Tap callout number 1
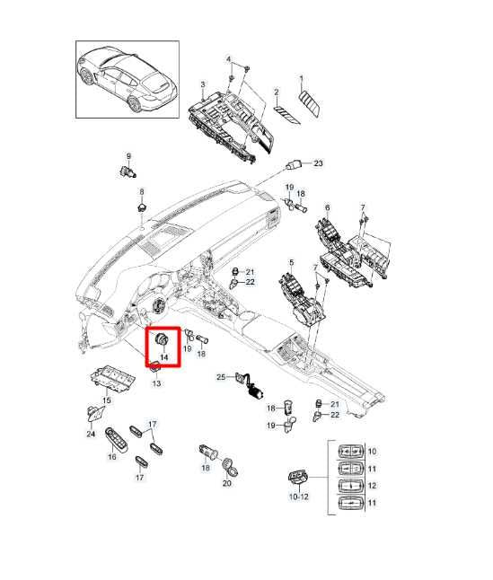tap(301, 79)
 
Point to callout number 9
tap(128, 156)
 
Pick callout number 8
tap(141, 193)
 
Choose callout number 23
tap(317, 163)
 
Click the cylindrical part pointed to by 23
tap(293, 164)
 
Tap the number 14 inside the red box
tap(164, 356)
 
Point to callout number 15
tap(106, 400)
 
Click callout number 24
tap(91, 434)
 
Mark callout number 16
tap(112, 457)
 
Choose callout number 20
tap(226, 483)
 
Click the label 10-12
tap(296, 497)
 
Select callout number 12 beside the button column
tap(373, 487)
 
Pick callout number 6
tap(328, 207)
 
